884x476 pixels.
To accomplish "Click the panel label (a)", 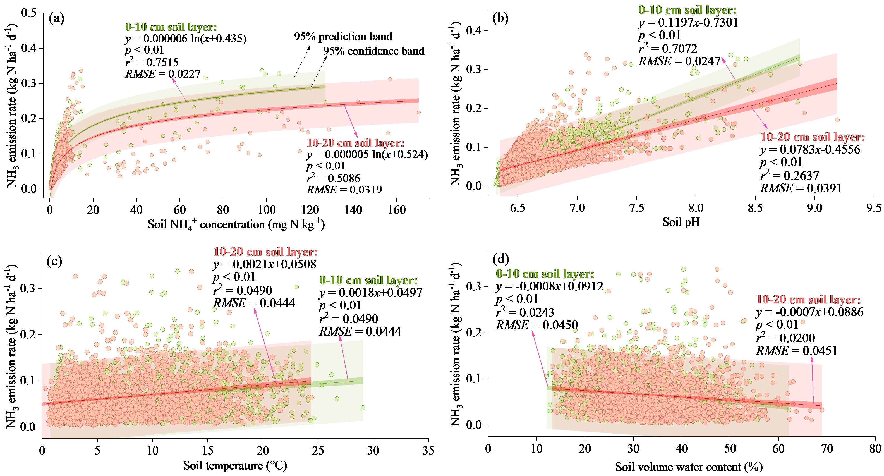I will (x=57, y=18).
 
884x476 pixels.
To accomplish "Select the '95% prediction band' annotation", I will (x=343, y=37).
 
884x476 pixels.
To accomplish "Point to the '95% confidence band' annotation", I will (x=373, y=51).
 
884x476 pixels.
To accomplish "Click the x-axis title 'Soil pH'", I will (x=681, y=222).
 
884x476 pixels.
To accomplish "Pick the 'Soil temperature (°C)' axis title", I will (x=235, y=465).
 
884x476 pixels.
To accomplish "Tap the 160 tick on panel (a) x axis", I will (x=397, y=210).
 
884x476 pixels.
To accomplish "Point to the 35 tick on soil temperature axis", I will (x=428, y=450).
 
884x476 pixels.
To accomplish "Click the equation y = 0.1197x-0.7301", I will (x=688, y=23).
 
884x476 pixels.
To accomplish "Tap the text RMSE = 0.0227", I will (x=163, y=74).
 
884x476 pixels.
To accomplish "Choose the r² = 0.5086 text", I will (x=333, y=178).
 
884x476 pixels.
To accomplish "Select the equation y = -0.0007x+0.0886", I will (x=809, y=312).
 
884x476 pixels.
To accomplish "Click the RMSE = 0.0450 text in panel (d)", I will (x=537, y=325).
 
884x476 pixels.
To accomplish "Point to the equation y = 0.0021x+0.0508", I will (x=265, y=264).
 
